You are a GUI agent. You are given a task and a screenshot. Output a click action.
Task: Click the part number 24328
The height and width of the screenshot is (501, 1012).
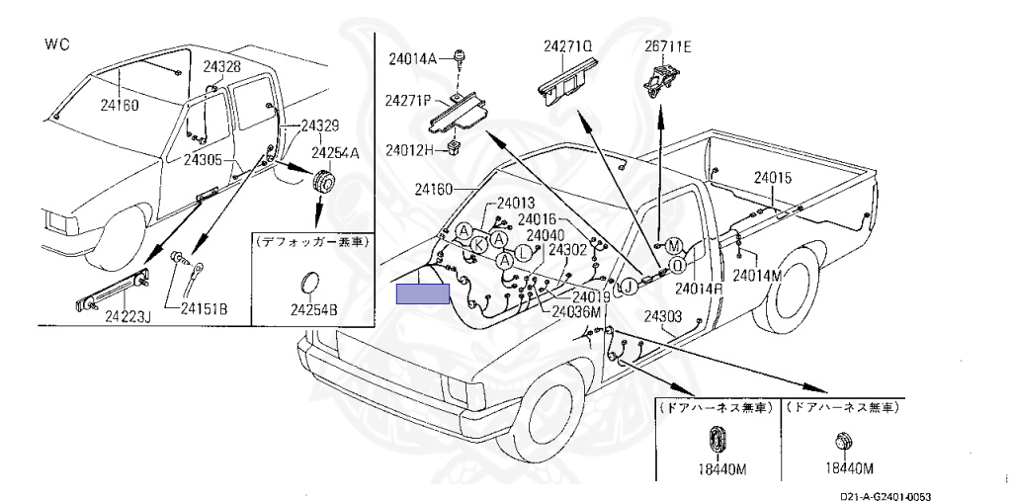click(222, 66)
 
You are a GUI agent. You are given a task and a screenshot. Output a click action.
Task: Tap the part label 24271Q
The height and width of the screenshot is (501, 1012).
click(568, 45)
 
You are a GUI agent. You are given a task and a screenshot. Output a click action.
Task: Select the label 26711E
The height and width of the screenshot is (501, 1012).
click(667, 45)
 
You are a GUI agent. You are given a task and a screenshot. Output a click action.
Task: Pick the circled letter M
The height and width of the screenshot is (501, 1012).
click(673, 246)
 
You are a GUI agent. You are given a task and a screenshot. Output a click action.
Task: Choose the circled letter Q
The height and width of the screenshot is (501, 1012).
click(676, 264)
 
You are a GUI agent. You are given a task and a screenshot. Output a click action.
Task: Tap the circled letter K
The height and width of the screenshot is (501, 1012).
click(478, 245)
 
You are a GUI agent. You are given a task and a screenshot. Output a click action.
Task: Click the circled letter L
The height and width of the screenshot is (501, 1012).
click(524, 252)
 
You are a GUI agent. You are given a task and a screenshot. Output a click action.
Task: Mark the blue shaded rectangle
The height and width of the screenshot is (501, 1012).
click(423, 293)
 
